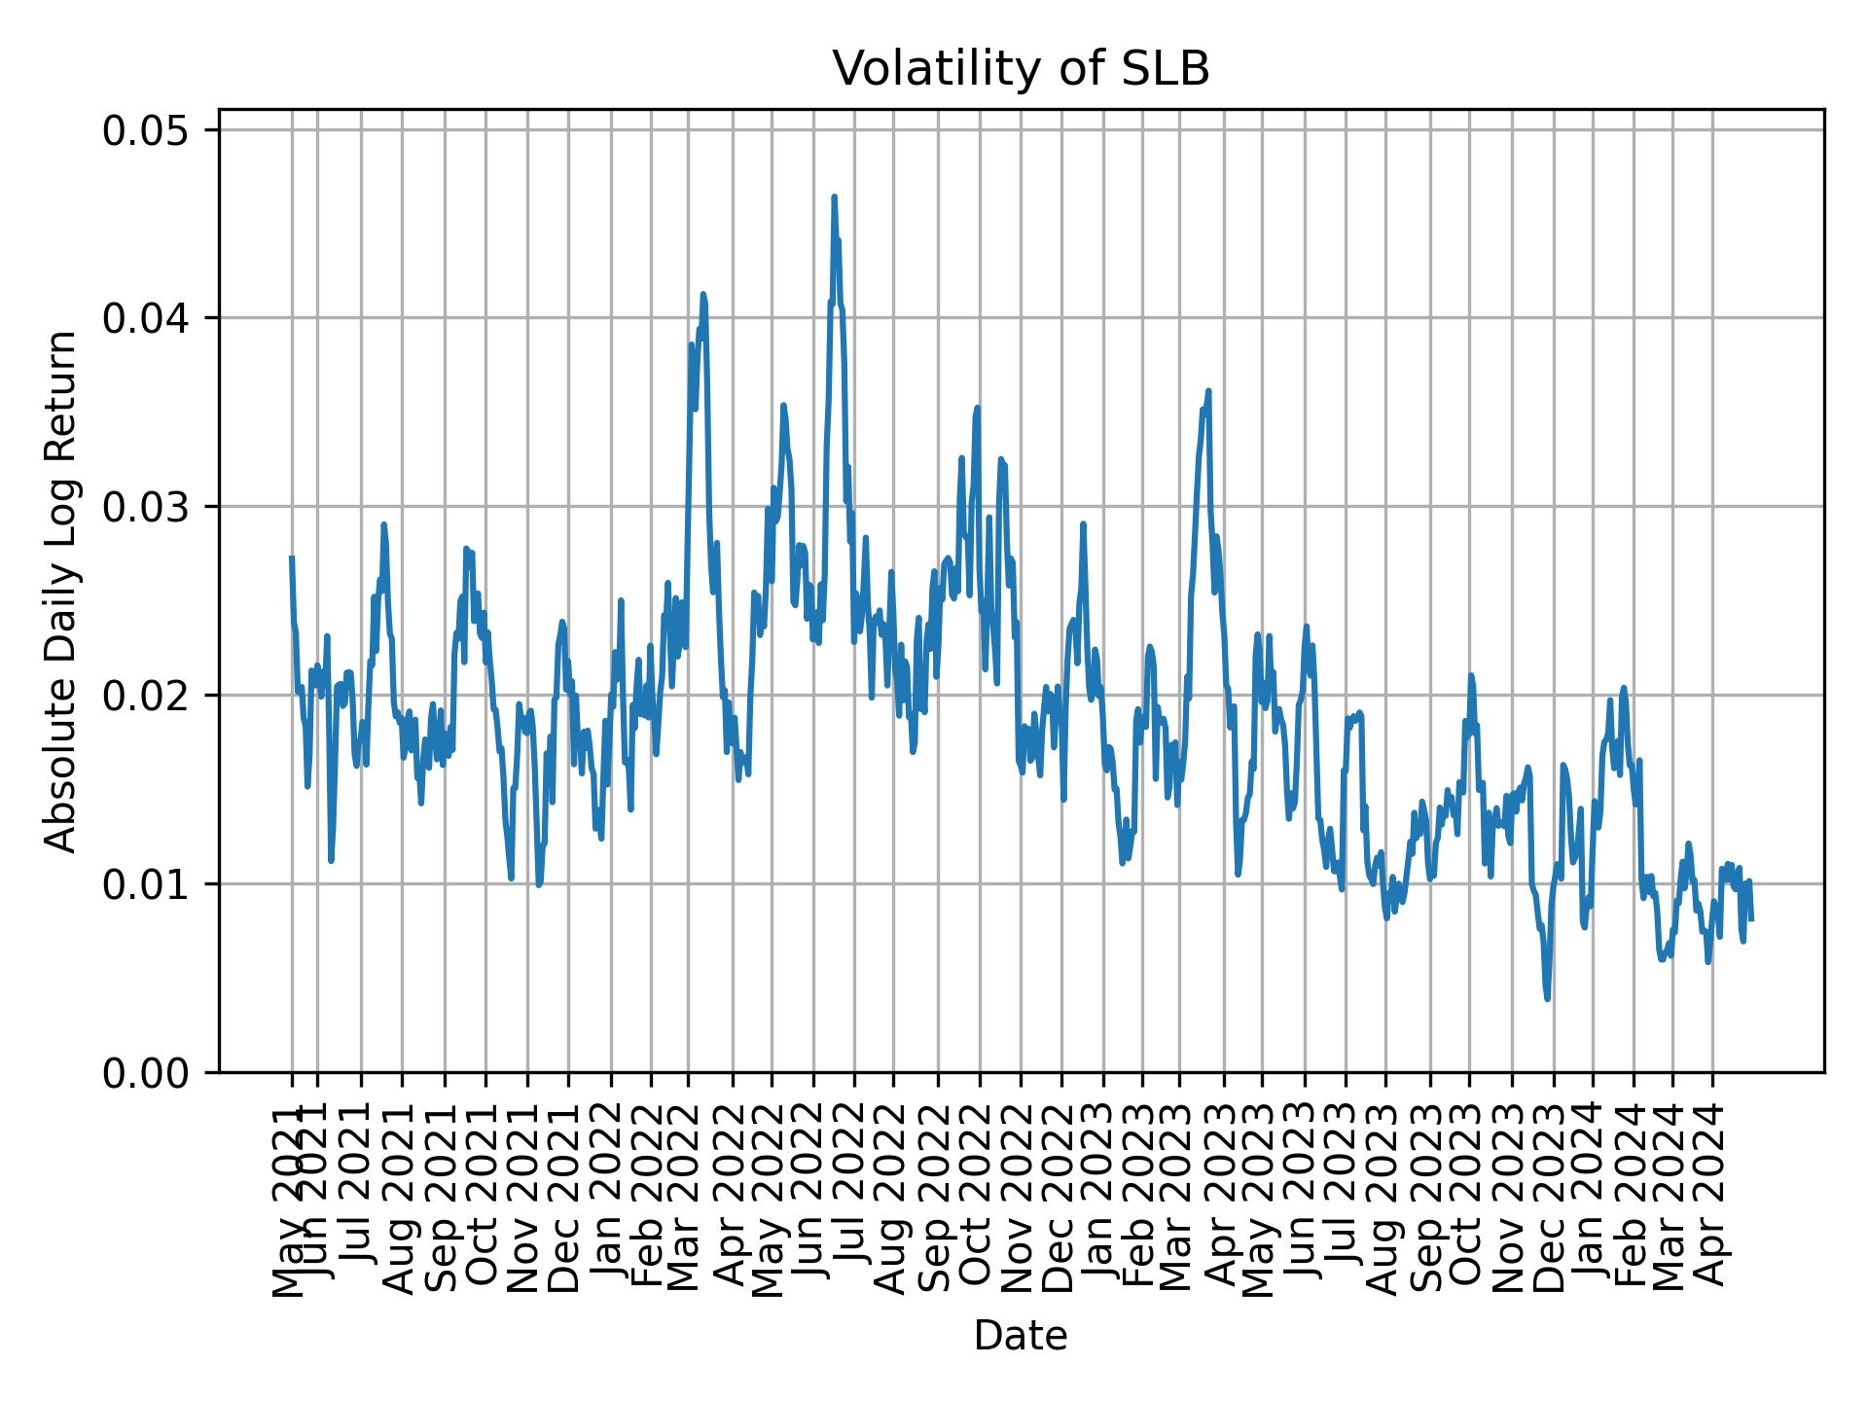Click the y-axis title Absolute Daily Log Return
point(62,592)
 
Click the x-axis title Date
point(1021,1336)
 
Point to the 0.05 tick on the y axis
point(160,130)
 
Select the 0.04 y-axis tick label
point(160,318)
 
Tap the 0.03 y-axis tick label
point(160,507)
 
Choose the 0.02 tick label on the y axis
point(160,696)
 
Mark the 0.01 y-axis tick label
point(160,884)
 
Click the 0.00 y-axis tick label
point(160,1072)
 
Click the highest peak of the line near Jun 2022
point(834,198)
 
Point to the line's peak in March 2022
point(702,294)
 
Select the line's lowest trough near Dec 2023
point(1547,998)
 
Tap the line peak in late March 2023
point(1208,391)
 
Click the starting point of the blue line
point(292,557)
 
